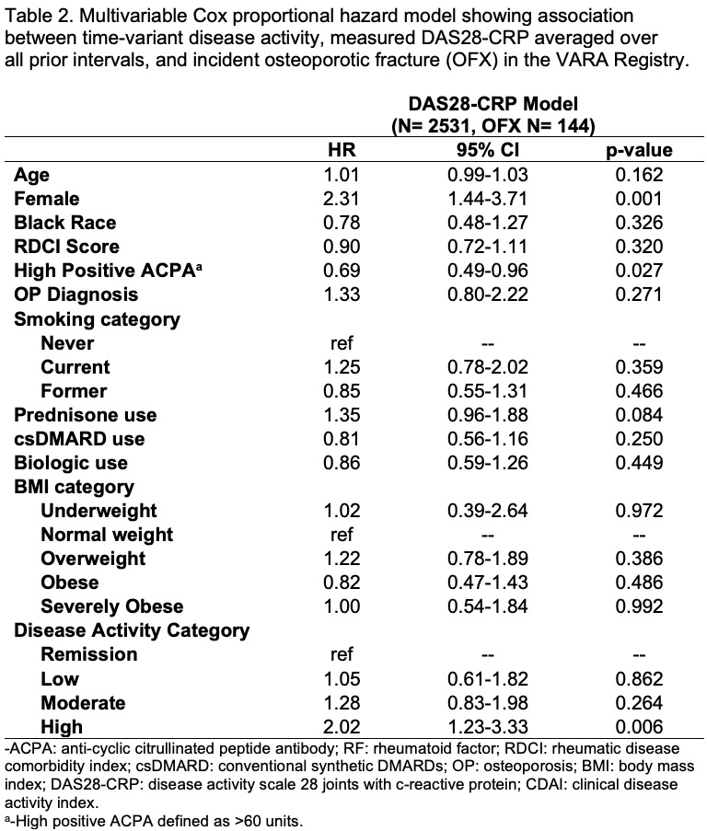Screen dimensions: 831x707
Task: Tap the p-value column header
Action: click(x=639, y=150)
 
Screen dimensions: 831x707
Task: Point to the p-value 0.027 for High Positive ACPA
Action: click(x=639, y=271)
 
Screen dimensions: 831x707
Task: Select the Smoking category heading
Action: click(x=97, y=319)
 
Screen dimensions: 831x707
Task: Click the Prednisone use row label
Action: click(x=86, y=415)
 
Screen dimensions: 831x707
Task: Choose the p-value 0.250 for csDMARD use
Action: click(x=639, y=439)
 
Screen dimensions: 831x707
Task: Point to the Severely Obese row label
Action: click(x=111, y=606)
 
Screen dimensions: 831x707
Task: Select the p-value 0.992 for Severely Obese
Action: click(x=639, y=606)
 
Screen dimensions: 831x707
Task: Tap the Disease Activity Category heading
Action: click(x=131, y=631)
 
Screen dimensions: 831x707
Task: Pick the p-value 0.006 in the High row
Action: click(x=639, y=727)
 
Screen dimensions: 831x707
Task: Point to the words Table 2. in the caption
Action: click(x=34, y=17)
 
